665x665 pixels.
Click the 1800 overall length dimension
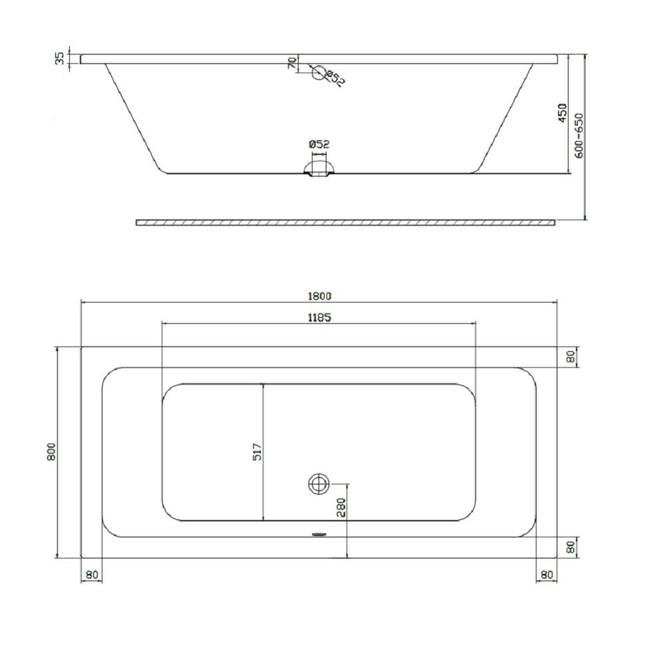pyautogui.click(x=319, y=296)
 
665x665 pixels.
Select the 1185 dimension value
pyautogui.click(x=319, y=317)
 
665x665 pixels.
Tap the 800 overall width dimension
pyautogui.click(x=51, y=452)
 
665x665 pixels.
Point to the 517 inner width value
pyautogui.click(x=257, y=452)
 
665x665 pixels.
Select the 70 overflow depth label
pyautogui.click(x=291, y=63)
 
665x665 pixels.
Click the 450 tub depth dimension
pyautogui.click(x=562, y=113)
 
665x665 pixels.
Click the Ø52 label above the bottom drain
pyautogui.click(x=319, y=144)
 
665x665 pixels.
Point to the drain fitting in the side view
pyautogui.click(x=320, y=167)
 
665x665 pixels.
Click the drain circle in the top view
pyautogui.click(x=319, y=483)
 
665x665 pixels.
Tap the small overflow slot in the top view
pyautogui.click(x=320, y=533)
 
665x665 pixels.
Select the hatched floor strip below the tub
pyautogui.click(x=346, y=222)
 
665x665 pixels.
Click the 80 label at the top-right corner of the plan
pyautogui.click(x=570, y=356)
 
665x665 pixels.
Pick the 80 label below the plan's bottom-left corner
pyautogui.click(x=91, y=575)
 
